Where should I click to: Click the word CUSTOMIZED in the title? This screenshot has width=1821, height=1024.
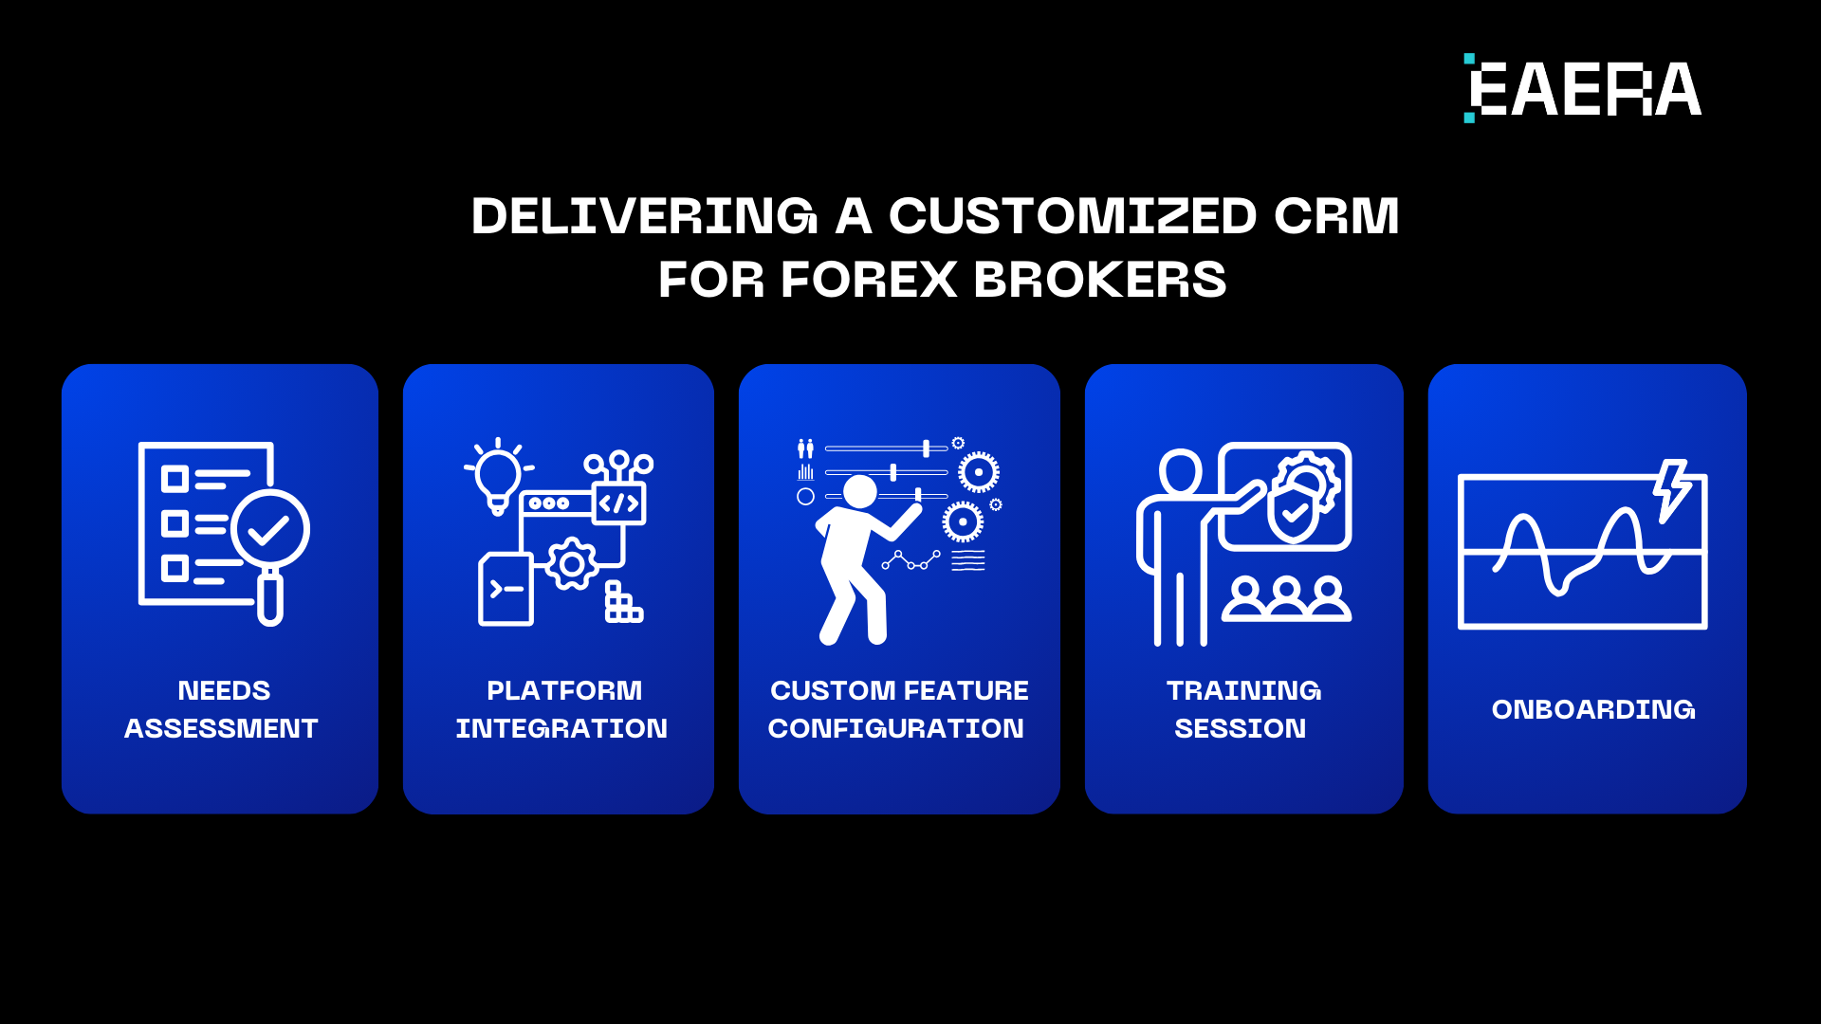tap(1073, 216)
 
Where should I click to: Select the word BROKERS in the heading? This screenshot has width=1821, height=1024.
tap(1099, 281)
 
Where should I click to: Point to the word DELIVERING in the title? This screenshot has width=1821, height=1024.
tap(644, 216)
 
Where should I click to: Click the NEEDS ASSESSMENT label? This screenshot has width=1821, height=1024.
tap(222, 709)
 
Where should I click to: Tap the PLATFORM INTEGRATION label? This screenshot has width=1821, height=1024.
tap(561, 709)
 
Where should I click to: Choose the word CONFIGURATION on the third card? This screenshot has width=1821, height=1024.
tap(895, 728)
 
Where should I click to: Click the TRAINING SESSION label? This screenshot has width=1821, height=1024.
tap(1242, 709)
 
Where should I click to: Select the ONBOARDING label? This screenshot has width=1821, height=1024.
tap(1592, 709)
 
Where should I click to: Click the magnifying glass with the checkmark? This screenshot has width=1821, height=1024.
tap(269, 531)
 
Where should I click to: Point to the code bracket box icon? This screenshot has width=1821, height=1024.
tap(618, 503)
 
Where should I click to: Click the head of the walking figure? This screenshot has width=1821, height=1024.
tap(860, 491)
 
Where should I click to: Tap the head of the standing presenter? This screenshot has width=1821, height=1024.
tap(1180, 471)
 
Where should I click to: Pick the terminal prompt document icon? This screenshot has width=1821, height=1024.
tap(506, 590)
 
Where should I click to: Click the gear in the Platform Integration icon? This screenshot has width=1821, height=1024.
tap(571, 564)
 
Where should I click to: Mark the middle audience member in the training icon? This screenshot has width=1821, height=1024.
tap(1286, 597)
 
